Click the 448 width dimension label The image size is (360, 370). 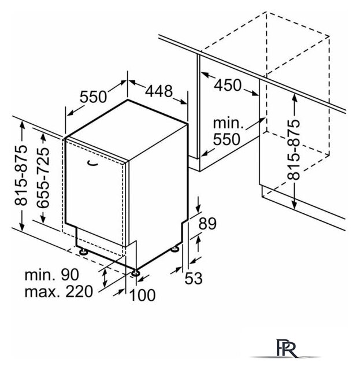(x=159, y=91)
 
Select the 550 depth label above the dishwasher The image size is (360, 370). (x=94, y=97)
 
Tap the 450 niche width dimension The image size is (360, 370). (x=228, y=85)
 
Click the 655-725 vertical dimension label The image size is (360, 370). (x=43, y=177)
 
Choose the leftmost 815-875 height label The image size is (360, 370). (x=21, y=175)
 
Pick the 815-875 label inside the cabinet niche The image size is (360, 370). (x=294, y=150)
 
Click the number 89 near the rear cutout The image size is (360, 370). (x=207, y=224)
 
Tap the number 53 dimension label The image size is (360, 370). (x=194, y=278)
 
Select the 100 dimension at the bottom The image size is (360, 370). (x=143, y=295)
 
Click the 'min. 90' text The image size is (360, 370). (x=52, y=275)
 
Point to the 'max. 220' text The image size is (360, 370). (x=59, y=291)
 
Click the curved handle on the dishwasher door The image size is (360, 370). (x=92, y=163)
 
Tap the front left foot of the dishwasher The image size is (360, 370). (x=84, y=251)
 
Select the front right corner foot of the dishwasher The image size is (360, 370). (x=136, y=272)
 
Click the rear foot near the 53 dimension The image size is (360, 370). (x=176, y=249)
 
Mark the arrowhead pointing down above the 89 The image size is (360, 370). (x=198, y=209)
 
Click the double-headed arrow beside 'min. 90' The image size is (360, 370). (x=105, y=278)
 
